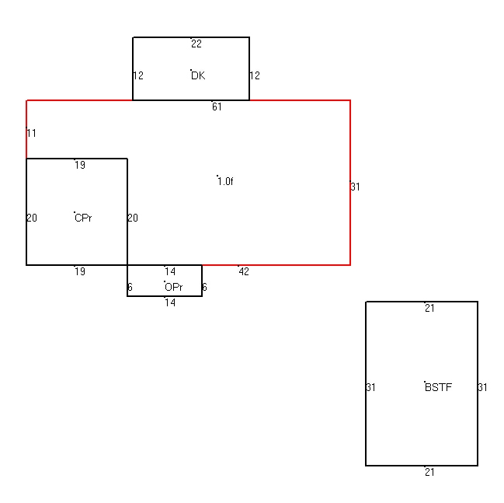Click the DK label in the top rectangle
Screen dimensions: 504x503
click(x=198, y=75)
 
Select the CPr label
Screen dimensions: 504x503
click(x=83, y=218)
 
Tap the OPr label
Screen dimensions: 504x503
click(x=174, y=287)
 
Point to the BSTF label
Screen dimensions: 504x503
click(x=439, y=387)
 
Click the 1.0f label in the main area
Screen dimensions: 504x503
click(x=225, y=181)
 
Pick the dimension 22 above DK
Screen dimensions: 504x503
click(x=196, y=44)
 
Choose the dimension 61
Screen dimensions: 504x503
click(x=217, y=107)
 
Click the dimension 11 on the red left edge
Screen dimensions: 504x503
click(x=32, y=133)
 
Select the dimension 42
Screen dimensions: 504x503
click(x=244, y=271)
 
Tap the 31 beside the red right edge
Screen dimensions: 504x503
click(x=355, y=187)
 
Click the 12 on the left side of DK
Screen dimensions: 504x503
click(x=138, y=75)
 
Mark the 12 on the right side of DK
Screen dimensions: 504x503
click(x=255, y=75)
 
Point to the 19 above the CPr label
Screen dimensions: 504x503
click(x=80, y=165)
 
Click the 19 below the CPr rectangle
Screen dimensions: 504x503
click(x=80, y=271)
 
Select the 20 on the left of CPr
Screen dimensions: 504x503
click(x=32, y=218)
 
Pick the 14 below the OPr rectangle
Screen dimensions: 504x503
click(x=170, y=302)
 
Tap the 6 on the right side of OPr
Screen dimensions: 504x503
click(x=204, y=287)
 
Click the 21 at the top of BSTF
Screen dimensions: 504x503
click(x=429, y=309)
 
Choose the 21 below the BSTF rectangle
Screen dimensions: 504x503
click(x=429, y=472)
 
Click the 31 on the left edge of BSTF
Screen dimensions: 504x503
click(x=371, y=387)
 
